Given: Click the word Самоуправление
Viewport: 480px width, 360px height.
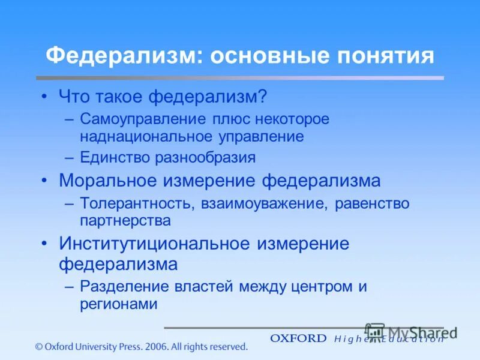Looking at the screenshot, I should (145, 119).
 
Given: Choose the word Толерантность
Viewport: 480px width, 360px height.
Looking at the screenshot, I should (136, 203).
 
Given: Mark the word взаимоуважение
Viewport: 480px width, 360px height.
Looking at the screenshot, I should (260, 203).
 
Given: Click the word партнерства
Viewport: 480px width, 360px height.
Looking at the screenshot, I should (125, 220).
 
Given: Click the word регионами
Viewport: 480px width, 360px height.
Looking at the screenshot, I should (118, 304).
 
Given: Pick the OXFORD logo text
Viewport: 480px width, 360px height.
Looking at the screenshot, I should (298, 338).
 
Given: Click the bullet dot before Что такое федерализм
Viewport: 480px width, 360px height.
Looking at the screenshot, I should (44, 96).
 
